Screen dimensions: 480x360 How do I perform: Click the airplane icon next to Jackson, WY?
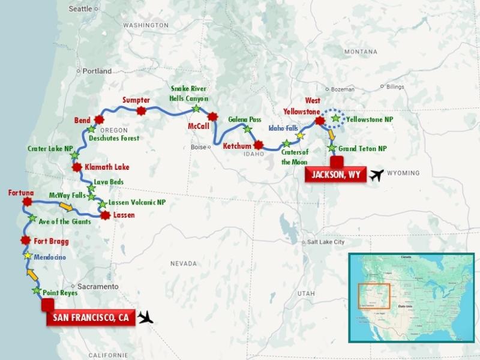click(377, 175)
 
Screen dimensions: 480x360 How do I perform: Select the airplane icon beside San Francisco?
click(146, 317)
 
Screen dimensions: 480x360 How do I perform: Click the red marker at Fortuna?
click(27, 202)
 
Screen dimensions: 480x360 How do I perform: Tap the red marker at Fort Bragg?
click(25, 241)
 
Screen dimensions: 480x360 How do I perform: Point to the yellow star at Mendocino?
click(28, 256)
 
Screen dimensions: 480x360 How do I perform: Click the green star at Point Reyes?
click(37, 291)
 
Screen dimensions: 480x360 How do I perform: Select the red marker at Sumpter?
click(142, 110)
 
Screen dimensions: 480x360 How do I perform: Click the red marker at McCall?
click(212, 116)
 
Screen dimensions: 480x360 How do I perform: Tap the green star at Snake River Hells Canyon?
click(196, 109)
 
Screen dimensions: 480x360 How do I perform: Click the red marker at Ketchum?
click(258, 145)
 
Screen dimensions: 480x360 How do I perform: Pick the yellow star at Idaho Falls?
click(301, 136)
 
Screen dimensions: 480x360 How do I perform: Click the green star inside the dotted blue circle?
click(335, 119)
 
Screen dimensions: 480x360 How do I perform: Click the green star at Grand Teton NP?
click(331, 148)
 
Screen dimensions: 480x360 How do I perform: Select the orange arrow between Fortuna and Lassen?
click(67, 208)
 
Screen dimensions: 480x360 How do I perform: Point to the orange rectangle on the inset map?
click(374, 296)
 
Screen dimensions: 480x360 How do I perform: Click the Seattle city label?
click(81, 9)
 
